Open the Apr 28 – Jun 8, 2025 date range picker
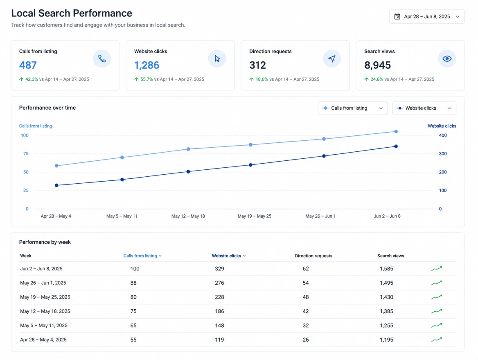click(x=427, y=16)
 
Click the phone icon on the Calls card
click(x=102, y=59)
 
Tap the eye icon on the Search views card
click(x=447, y=59)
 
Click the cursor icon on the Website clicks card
click(x=217, y=59)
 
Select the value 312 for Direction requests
click(x=257, y=65)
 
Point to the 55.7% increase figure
click(x=147, y=79)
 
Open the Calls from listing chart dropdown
click(x=353, y=108)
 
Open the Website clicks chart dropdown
click(x=424, y=108)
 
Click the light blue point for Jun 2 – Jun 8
click(x=396, y=132)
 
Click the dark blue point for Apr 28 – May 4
click(x=56, y=185)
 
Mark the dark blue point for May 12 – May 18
click(x=188, y=172)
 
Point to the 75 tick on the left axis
click(x=26, y=154)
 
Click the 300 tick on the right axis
click(x=443, y=154)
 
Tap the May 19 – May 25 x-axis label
click(x=254, y=216)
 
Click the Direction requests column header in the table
click(x=313, y=256)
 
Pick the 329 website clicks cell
click(x=219, y=268)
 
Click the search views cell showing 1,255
click(x=386, y=326)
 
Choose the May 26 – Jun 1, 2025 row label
click(x=43, y=283)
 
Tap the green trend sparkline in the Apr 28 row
click(x=437, y=339)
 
